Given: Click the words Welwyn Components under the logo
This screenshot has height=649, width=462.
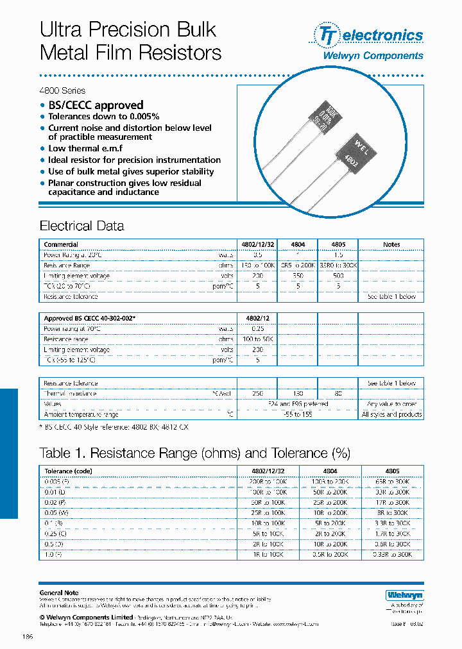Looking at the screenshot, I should click(x=372, y=56).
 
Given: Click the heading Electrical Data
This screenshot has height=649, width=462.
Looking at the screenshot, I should click(x=81, y=226).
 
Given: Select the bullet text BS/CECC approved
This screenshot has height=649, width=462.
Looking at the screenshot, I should click(x=96, y=105).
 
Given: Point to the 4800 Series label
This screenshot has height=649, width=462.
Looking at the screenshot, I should click(x=62, y=90).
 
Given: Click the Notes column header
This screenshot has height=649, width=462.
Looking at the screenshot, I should click(x=391, y=244).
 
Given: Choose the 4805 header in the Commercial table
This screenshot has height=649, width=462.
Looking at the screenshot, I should click(x=338, y=244).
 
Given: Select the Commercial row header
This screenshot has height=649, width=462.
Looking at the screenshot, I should click(x=61, y=244).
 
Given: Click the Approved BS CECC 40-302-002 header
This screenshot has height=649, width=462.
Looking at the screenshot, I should click(x=89, y=318).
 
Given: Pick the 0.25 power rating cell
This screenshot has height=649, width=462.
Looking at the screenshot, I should click(x=257, y=328).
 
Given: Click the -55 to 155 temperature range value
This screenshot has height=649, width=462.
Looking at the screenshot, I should click(x=298, y=414).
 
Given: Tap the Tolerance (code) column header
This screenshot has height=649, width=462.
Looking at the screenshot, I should click(x=69, y=471).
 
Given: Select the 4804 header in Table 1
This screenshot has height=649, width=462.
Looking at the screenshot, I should click(x=330, y=471).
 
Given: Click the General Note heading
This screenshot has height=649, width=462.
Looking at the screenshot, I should click(x=59, y=593).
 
